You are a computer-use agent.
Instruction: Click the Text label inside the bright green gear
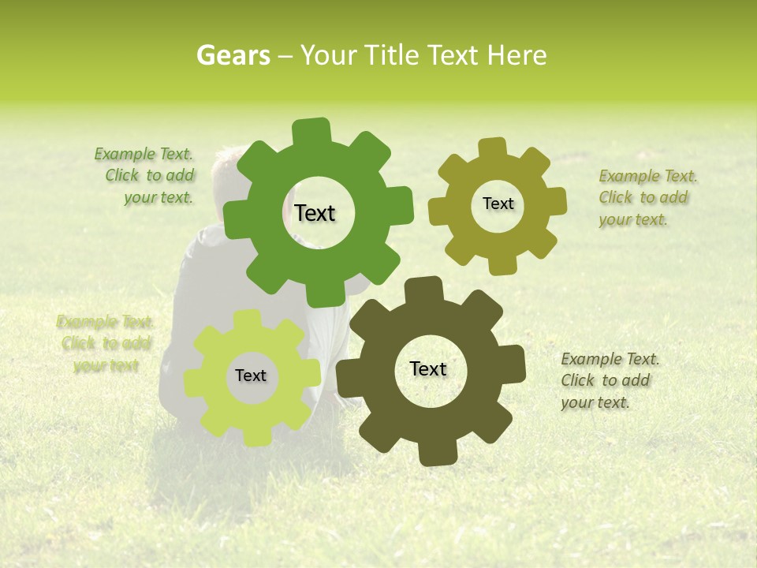click(x=315, y=213)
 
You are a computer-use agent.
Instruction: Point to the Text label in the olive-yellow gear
click(x=498, y=204)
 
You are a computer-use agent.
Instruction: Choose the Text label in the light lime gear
click(x=251, y=376)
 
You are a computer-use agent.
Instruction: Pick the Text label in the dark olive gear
click(x=428, y=368)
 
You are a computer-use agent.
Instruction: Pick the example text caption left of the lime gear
click(x=105, y=343)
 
